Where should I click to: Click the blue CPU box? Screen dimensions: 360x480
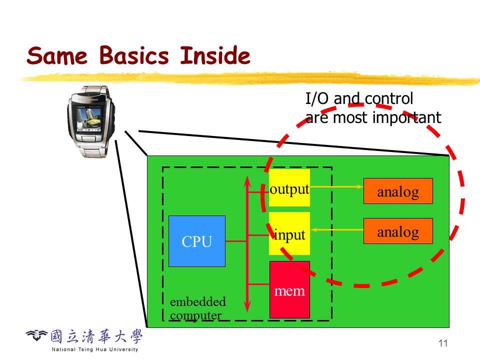tap(197, 241)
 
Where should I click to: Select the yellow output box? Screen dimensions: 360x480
tap(289, 187)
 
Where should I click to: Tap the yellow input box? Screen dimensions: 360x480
tap(289, 233)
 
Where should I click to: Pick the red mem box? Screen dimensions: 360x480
tap(289, 289)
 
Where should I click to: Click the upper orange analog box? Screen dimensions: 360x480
tap(398, 191)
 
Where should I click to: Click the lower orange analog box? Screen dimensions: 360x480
tap(398, 231)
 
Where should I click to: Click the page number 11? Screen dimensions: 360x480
tap(442, 343)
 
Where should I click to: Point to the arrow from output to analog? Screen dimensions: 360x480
tap(336, 187)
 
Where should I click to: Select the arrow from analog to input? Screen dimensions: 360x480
tap(336, 230)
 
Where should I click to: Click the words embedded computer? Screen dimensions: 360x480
tap(197, 308)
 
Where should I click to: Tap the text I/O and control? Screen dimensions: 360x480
tap(359, 98)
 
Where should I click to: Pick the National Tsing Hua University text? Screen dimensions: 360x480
tap(95, 349)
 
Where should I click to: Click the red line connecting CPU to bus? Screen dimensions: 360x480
tap(235, 241)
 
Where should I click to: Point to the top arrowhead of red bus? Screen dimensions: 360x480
tap(247, 180)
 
